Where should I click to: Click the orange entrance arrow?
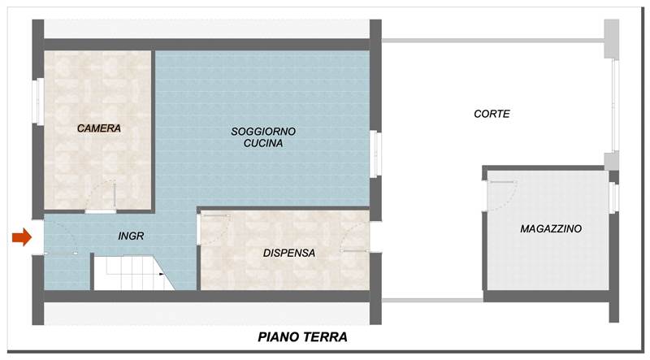pos(21,237)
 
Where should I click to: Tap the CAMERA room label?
pos(99,128)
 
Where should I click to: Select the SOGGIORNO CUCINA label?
pos(262,137)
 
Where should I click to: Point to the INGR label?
pos(131,236)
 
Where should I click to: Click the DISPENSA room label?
pos(288,253)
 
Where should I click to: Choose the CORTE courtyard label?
pos(492,115)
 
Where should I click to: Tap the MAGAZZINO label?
pos(550,230)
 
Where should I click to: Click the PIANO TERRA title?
pos(303,336)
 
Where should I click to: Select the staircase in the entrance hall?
pos(130,272)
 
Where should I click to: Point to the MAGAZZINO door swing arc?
pos(505,190)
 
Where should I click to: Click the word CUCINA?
pos(263,144)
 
